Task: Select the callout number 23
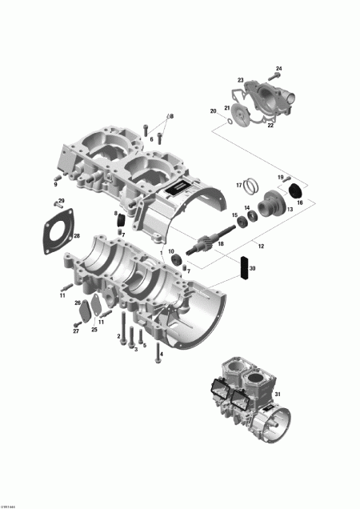[241, 80]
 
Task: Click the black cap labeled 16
[294, 190]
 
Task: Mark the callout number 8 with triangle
[170, 117]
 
